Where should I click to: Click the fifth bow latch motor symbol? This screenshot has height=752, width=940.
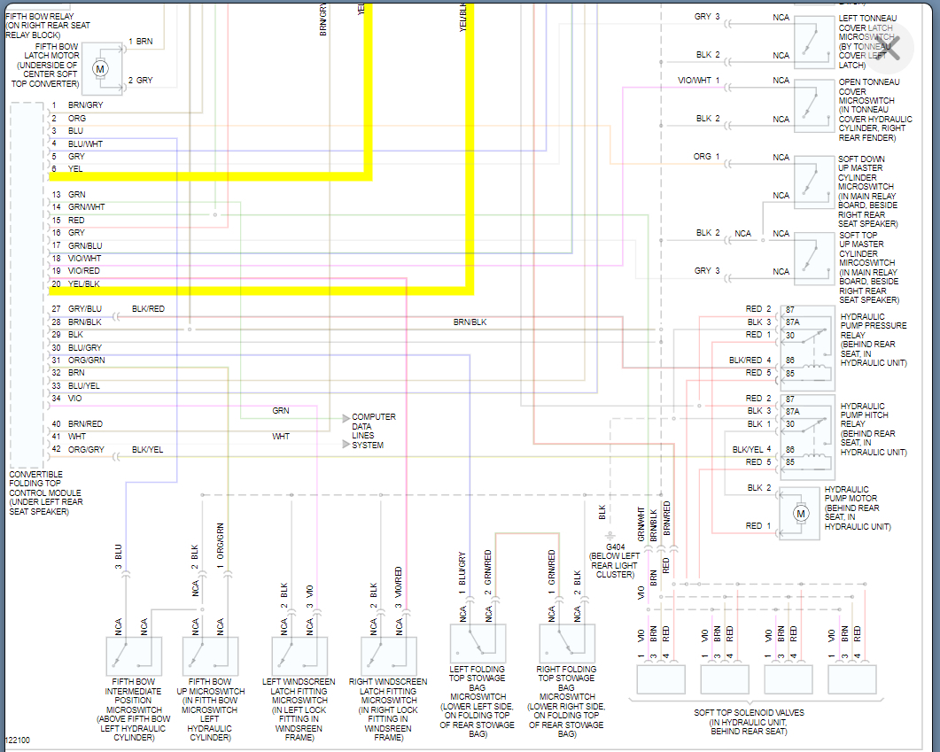(100, 68)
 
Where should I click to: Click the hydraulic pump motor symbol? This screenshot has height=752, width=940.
(800, 513)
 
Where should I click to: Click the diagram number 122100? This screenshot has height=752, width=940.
(17, 739)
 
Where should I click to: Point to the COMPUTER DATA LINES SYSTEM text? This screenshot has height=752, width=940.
(373, 430)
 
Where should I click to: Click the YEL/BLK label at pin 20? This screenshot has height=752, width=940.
(84, 283)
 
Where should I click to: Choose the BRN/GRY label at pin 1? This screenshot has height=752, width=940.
(85, 105)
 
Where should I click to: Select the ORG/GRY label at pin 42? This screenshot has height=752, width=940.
(86, 449)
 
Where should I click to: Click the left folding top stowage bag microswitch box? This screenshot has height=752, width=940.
(478, 643)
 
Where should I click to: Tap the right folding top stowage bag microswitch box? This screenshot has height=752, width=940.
(567, 643)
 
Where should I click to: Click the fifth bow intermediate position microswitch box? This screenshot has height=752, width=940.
(134, 656)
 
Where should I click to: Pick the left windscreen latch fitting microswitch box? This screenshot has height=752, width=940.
(299, 656)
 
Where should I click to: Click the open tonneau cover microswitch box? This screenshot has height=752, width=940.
(812, 106)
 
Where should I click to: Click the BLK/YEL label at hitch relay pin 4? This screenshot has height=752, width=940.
(747, 449)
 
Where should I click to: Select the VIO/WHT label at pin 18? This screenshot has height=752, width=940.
(85, 258)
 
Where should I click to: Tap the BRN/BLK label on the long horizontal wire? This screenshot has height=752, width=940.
(470, 322)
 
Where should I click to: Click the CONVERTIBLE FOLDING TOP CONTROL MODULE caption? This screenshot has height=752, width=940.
(46, 492)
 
